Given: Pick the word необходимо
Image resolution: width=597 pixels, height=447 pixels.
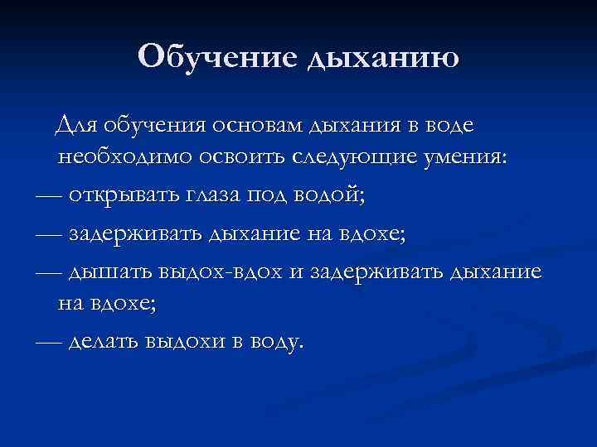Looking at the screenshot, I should click(120, 157).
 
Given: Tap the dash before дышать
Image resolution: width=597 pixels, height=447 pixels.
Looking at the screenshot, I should click(49, 272).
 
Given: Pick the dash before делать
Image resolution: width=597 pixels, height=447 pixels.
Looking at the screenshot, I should click(49, 340).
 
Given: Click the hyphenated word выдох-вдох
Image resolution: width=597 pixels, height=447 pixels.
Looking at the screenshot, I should click(217, 272).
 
